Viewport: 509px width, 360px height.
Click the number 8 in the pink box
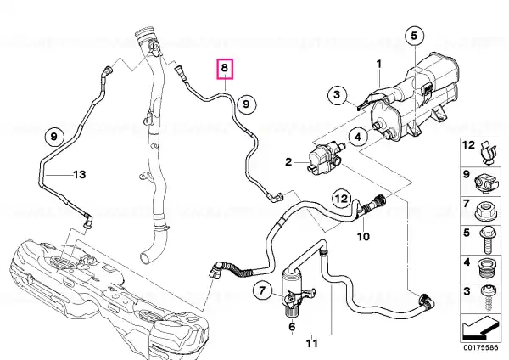click(225, 68)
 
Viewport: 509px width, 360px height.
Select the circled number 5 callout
click(415, 36)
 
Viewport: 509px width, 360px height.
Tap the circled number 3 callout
click(337, 95)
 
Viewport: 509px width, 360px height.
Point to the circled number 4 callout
click(358, 137)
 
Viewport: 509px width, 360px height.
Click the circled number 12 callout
click(341, 198)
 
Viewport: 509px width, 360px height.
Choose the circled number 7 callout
click(262, 290)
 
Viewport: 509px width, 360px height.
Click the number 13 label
click(80, 175)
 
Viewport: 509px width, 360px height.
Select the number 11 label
click(312, 343)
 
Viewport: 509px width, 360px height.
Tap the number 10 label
click(363, 236)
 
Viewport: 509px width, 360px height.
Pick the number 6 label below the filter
click(292, 326)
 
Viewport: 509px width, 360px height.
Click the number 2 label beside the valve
click(288, 162)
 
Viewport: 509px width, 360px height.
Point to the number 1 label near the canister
click(379, 64)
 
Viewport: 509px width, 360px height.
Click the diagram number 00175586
click(480, 347)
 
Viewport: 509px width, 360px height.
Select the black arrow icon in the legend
click(479, 329)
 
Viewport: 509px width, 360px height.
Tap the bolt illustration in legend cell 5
click(486, 240)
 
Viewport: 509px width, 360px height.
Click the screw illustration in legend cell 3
click(487, 298)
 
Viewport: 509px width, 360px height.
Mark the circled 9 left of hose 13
click(53, 137)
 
